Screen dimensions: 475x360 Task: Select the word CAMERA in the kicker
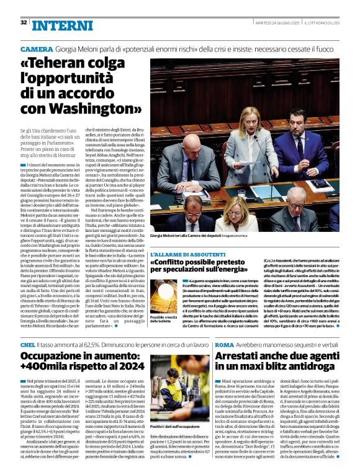37,48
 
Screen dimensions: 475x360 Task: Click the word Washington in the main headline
96,108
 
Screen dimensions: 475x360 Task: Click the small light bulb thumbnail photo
163,298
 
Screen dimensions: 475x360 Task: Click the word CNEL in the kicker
27,344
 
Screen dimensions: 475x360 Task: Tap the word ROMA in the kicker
224,344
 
